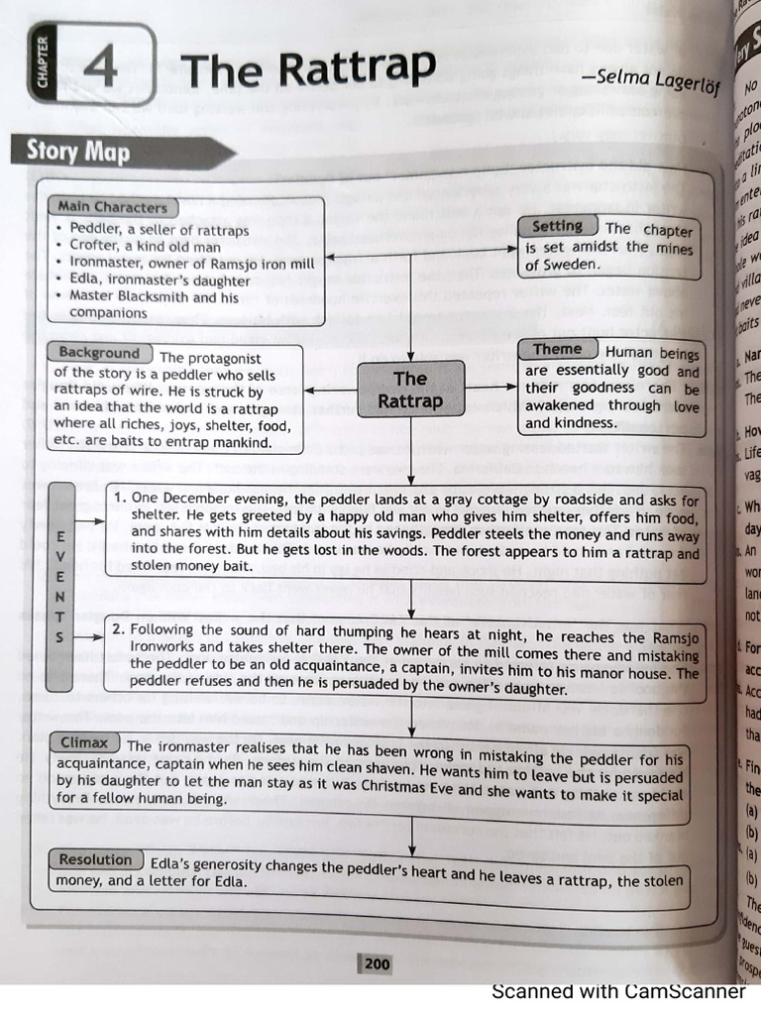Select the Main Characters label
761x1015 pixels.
(112, 207)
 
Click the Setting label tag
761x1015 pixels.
(557, 227)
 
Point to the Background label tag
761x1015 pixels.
(99, 353)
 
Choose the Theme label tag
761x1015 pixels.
(558, 349)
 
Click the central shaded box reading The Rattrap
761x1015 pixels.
(410, 390)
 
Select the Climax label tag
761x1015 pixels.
(84, 742)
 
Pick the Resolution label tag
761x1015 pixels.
(95, 859)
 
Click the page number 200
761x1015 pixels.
(377, 962)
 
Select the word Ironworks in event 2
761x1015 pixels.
(164, 645)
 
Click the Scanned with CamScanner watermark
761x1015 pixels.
(618, 992)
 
